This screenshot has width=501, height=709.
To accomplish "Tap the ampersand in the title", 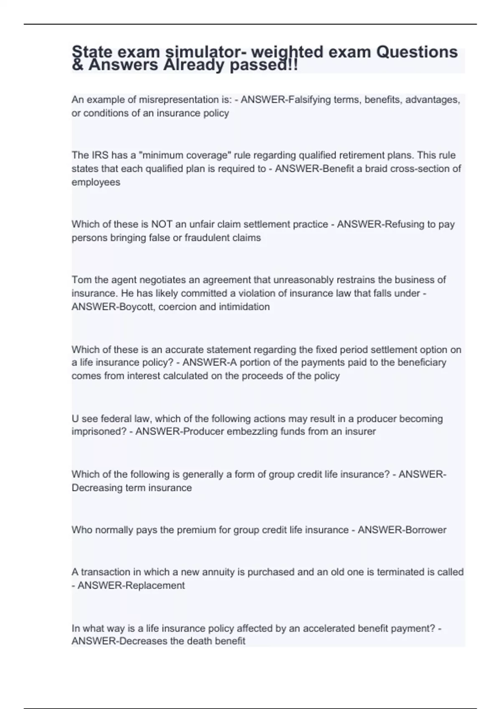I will (77, 65).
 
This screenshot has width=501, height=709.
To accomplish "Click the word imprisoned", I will (99, 431).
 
